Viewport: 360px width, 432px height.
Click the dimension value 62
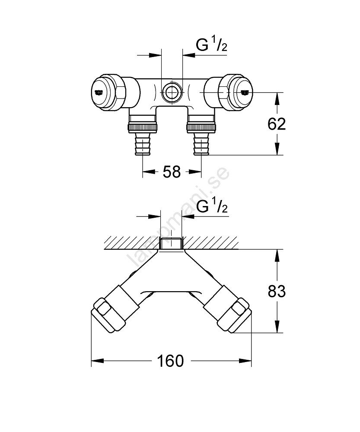pyautogui.click(x=277, y=124)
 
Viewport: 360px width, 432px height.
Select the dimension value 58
pyautogui.click(x=172, y=172)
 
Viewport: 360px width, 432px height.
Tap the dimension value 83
pyautogui.click(x=277, y=292)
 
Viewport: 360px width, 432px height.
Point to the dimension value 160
pyautogui.click(x=171, y=361)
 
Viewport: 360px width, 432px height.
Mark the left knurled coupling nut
pyautogui.click(x=143, y=127)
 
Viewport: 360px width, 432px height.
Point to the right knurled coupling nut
pyautogui.click(x=201, y=127)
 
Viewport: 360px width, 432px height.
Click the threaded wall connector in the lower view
pyautogui.click(x=172, y=243)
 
